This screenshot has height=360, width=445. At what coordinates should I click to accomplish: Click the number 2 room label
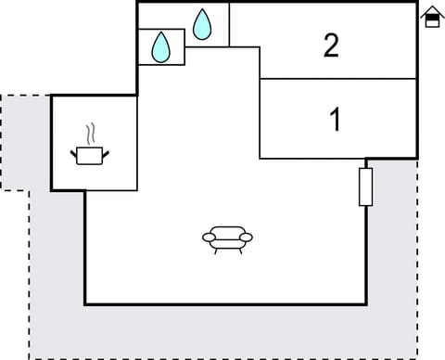[x=331, y=45]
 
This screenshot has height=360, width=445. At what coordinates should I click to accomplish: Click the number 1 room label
[x=335, y=120]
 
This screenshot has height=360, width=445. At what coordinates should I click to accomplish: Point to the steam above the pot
[x=90, y=132]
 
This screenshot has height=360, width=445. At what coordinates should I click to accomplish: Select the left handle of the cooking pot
[x=73, y=151]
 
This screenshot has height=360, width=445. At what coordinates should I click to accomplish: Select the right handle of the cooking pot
[x=107, y=151]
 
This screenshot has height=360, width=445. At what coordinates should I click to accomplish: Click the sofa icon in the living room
[x=227, y=238]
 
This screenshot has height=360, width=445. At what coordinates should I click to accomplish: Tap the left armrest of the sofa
[x=207, y=239]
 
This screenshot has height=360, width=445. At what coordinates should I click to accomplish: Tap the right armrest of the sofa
[x=248, y=239]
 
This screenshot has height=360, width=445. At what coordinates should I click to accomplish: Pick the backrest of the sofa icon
[x=227, y=231]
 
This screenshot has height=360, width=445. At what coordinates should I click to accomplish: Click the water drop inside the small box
[x=161, y=46]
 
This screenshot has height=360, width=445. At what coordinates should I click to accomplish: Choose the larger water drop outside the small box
[x=202, y=24]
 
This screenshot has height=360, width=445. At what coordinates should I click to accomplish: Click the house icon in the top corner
[x=431, y=17]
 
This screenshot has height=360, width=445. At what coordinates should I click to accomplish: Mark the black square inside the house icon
[x=431, y=20]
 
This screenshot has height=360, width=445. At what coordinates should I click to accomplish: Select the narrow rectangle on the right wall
[x=365, y=186]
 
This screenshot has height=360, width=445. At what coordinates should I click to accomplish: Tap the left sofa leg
[x=215, y=251]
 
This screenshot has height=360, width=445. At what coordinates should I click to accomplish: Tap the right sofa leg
[x=239, y=251]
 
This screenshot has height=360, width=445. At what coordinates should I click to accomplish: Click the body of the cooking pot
[x=90, y=156]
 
